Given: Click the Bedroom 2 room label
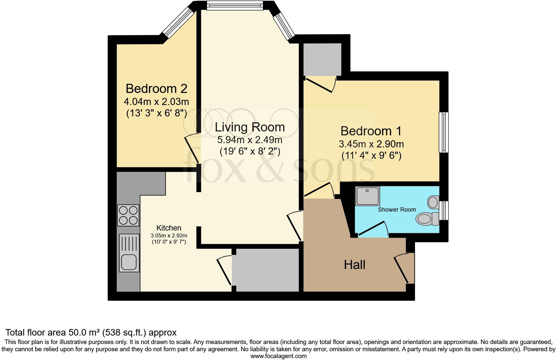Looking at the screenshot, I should [x=156, y=88].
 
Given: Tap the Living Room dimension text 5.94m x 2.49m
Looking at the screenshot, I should [x=250, y=140].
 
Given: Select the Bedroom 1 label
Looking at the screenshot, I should [x=371, y=131].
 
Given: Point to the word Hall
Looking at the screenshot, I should [x=354, y=265].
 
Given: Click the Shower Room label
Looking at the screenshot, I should [x=397, y=210].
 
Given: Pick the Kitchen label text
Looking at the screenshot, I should [x=169, y=228].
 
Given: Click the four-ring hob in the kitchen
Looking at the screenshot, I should [x=128, y=215].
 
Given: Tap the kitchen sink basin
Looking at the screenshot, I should [x=129, y=262].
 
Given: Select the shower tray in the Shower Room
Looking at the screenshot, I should [x=367, y=196].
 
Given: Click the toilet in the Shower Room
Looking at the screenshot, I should [x=427, y=218].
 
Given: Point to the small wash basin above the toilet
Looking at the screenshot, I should [x=433, y=202].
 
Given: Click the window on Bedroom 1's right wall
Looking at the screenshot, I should [x=443, y=132].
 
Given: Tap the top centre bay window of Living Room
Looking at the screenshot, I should [x=235, y=6].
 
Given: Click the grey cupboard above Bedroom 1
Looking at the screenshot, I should [x=322, y=59].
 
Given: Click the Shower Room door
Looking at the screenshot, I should [x=373, y=229].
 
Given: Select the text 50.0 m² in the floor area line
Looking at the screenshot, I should [x=84, y=333].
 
